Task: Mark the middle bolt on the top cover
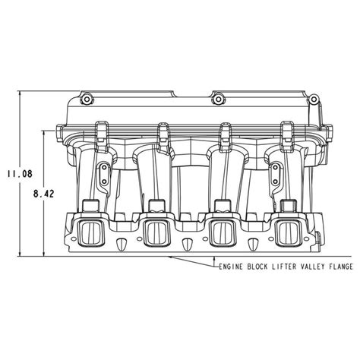click(218, 98)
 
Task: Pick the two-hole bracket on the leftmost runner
click(99, 177)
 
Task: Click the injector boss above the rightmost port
click(288, 207)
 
